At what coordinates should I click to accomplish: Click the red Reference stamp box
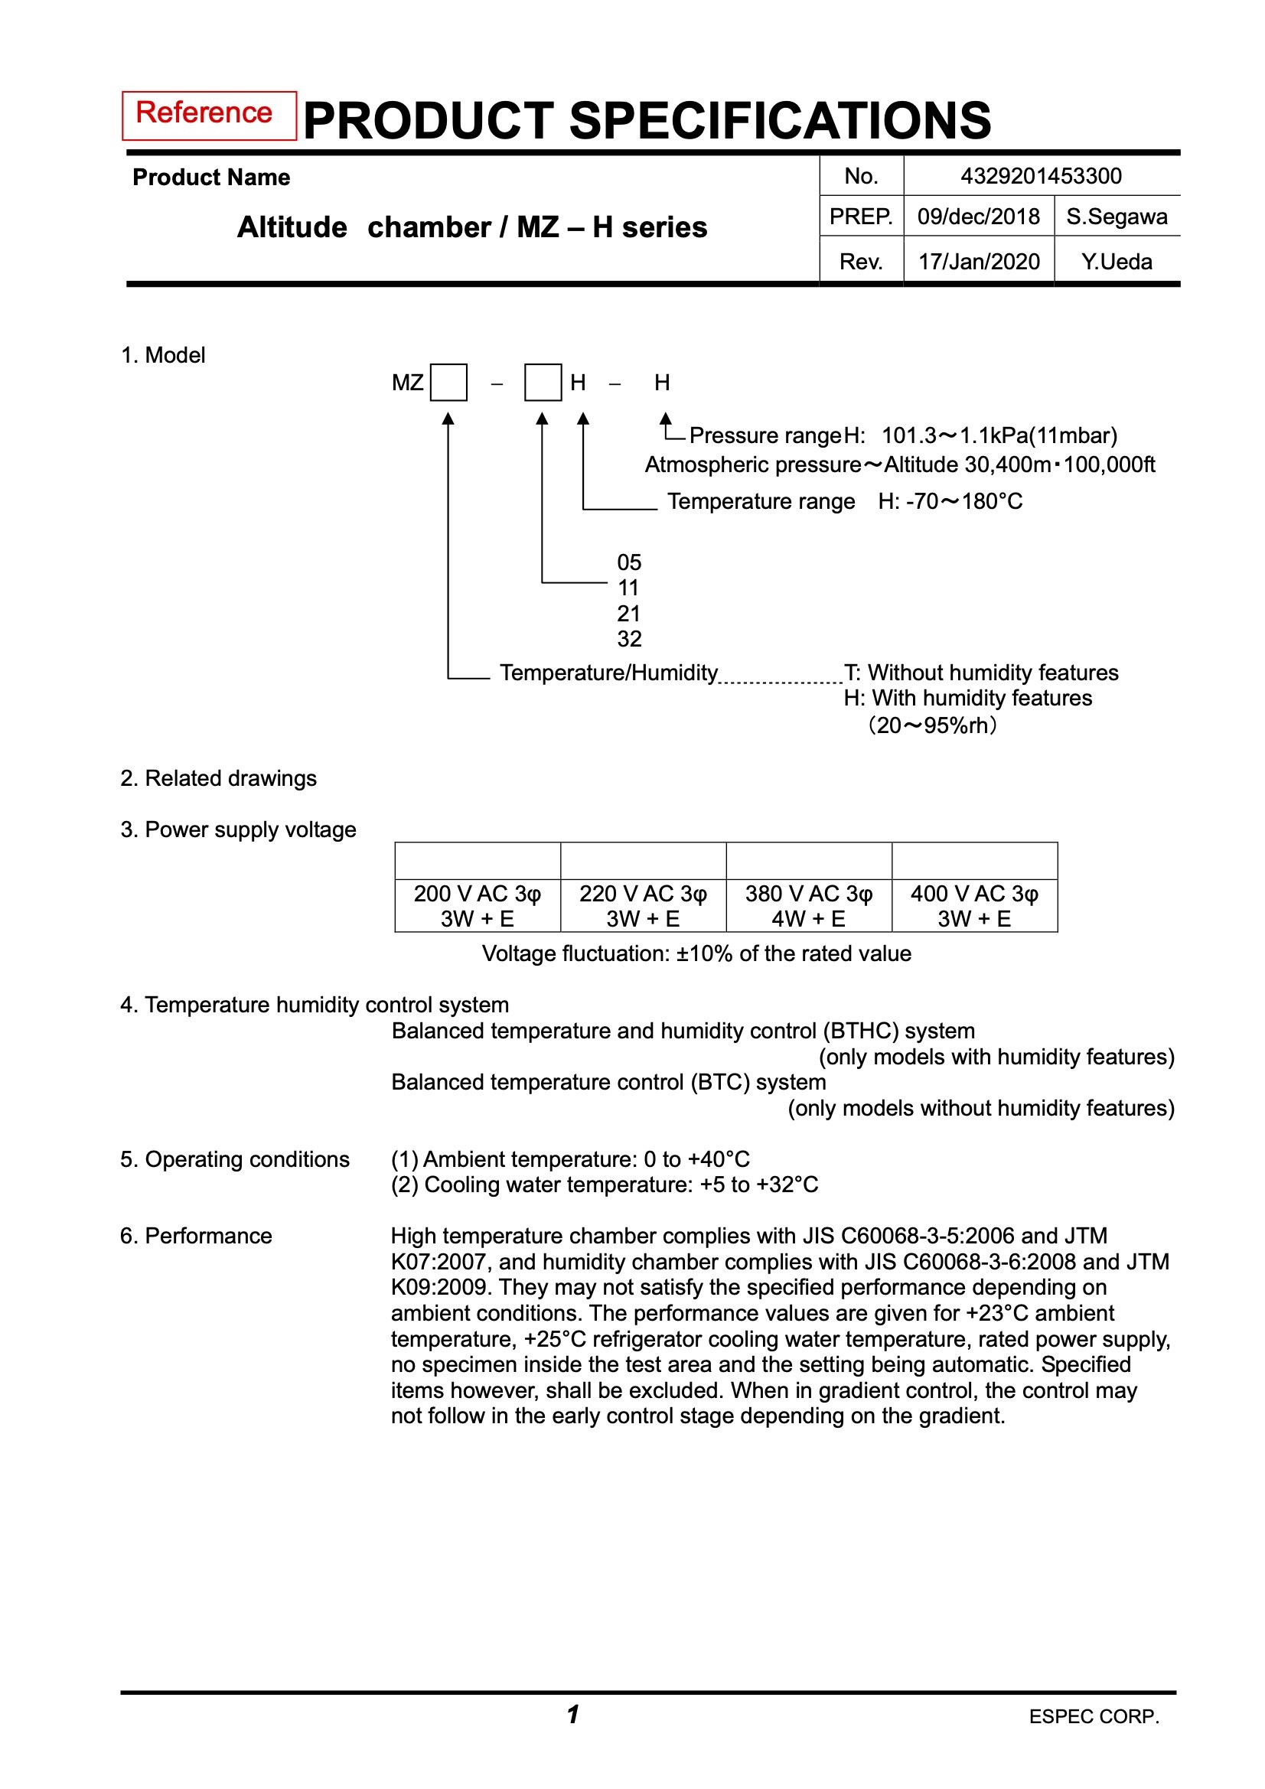click(x=209, y=116)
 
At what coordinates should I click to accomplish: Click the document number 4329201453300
click(x=1041, y=176)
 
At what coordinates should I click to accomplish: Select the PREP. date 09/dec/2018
click(x=978, y=217)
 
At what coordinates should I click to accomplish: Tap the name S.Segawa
click(x=1116, y=217)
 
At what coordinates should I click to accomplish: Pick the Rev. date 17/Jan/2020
click(x=978, y=262)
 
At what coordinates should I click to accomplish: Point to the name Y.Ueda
click(x=1116, y=262)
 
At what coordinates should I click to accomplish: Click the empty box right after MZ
click(x=449, y=383)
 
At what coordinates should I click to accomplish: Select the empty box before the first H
click(x=543, y=383)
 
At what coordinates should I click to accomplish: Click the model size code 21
click(x=628, y=613)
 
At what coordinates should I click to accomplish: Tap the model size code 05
click(x=628, y=562)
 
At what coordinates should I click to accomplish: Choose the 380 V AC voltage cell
click(x=808, y=905)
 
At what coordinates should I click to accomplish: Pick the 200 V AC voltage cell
click(x=477, y=905)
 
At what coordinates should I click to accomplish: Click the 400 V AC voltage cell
click(x=974, y=905)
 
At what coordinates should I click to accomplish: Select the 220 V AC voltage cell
click(x=643, y=905)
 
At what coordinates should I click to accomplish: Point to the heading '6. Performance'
click(x=197, y=1236)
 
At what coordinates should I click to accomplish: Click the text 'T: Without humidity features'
click(x=981, y=673)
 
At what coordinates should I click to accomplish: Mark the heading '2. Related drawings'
click(x=218, y=778)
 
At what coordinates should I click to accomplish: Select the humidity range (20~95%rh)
click(x=932, y=725)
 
